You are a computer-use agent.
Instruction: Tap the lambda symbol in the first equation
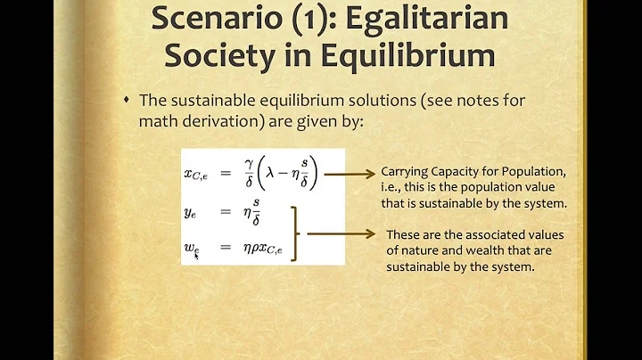click(284, 168)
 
